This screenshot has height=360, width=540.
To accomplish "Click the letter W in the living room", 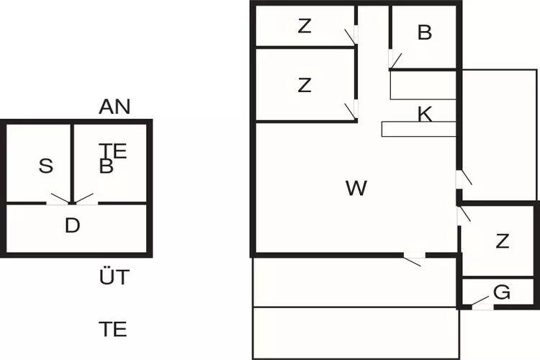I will coord(356,189).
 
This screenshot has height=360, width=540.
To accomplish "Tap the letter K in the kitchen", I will coord(425,114).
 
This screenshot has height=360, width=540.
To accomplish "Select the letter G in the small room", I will coord(502,292).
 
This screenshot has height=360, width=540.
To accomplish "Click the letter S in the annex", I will coord(46,166).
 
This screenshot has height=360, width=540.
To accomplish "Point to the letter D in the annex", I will coord(72,226).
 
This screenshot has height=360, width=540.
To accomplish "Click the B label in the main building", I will coord(424,32).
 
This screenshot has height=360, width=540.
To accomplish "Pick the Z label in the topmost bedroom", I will coord(305,27).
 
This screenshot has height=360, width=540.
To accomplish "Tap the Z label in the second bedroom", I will coord(305,85).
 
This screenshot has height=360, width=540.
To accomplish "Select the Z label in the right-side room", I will coord(502,241).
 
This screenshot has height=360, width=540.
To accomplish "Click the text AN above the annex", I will coord(114,107).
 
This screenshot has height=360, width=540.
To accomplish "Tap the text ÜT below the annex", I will coord(114,276).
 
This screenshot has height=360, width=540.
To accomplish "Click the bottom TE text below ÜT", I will coord(113,330).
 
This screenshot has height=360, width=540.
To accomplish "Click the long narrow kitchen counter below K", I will coord(418,129).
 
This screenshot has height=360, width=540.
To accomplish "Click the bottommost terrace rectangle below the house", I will coord(356,333).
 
